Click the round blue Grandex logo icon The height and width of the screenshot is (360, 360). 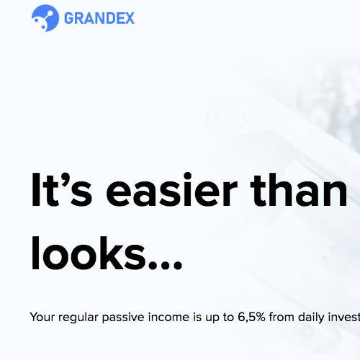pyautogui.click(x=45, y=18)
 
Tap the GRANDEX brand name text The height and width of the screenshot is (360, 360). pyautogui.click(x=99, y=18)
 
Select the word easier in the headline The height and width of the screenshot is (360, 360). pyautogui.click(x=171, y=189)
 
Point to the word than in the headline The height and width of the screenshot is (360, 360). pyautogui.click(x=299, y=189)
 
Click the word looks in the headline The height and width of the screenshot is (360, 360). pyautogui.click(x=89, y=253)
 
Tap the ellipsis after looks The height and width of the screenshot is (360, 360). pyautogui.click(x=166, y=266)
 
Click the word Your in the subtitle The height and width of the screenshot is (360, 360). pyautogui.click(x=42, y=317)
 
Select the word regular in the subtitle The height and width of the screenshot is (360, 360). pyautogui.click(x=78, y=318)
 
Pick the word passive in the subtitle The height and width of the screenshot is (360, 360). pyautogui.click(x=123, y=318)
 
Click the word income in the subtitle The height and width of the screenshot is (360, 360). pyautogui.click(x=168, y=317)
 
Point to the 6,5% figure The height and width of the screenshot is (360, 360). pyautogui.click(x=251, y=318)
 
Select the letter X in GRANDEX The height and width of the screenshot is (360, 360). pyautogui.click(x=129, y=18)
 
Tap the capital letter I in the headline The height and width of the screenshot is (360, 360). pyautogui.click(x=35, y=189)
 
